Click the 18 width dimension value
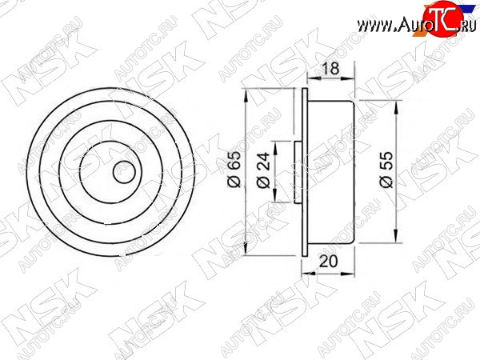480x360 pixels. (x=331, y=69)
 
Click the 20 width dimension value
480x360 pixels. (x=328, y=261)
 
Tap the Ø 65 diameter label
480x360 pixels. (x=235, y=169)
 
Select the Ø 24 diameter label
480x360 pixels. (x=263, y=170)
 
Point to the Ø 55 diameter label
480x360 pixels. (x=386, y=170)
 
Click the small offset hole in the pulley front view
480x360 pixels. (x=124, y=172)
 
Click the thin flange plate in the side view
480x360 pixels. (x=305, y=172)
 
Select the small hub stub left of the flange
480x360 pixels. (x=298, y=172)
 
